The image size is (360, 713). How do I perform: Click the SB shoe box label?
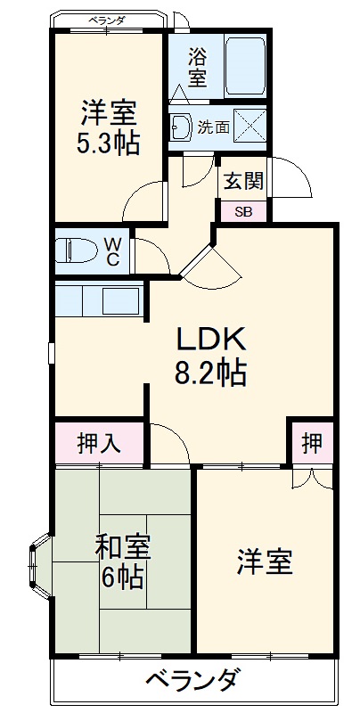(242, 211)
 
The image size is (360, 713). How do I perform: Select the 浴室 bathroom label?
(197, 67)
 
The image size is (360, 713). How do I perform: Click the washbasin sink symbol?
(182, 127)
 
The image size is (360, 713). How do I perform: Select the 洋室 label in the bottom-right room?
(265, 563)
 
